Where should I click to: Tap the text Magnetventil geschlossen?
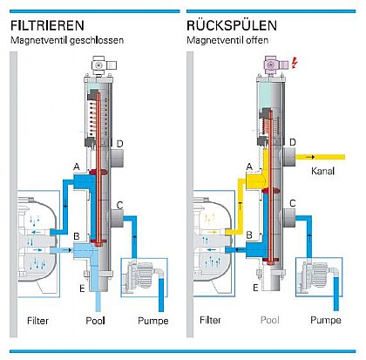(67, 41)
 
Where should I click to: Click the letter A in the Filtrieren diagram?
(78, 166)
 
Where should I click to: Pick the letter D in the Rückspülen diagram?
(294, 142)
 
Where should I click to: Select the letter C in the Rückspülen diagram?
(294, 204)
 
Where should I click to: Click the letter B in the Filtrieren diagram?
(78, 236)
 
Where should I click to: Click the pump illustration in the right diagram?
(318, 277)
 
